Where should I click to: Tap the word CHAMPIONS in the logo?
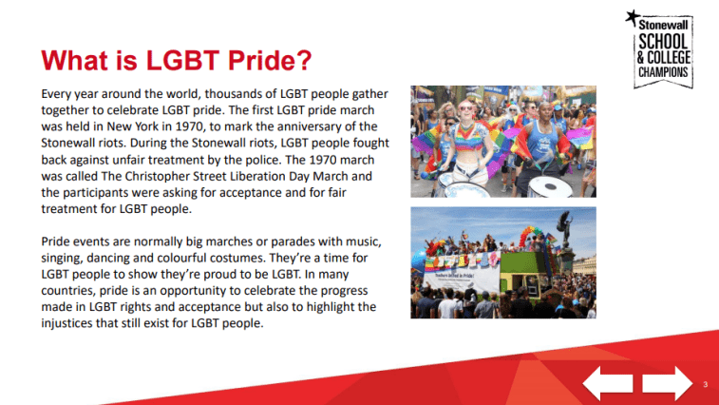(665, 73)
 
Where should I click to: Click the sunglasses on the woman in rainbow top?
(466, 108)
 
